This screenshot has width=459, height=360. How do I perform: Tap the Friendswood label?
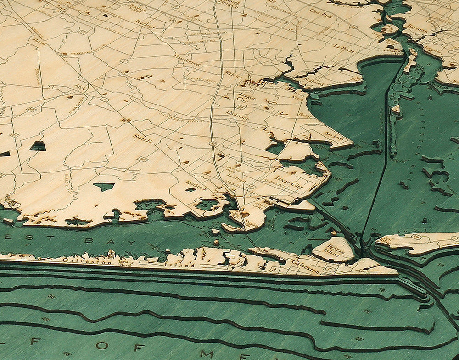point(186,60)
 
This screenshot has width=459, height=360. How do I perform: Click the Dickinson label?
point(237,115)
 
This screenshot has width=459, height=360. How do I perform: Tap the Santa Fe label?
point(142,138)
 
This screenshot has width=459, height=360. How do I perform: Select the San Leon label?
point(334,135)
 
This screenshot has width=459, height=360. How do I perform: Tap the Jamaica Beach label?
point(126,262)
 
